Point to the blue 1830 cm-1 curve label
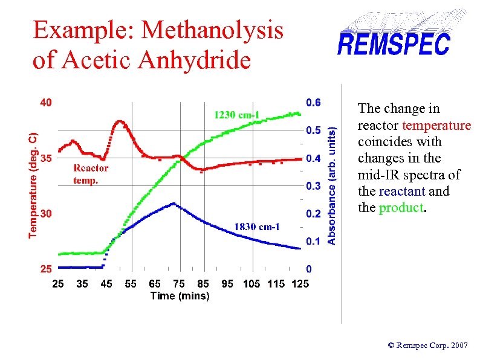[x=257, y=227]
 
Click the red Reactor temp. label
[x=91, y=175]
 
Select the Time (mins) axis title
[x=180, y=295]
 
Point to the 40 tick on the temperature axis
[x=46, y=103]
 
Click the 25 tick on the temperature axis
[x=46, y=269]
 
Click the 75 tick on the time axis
[x=179, y=283]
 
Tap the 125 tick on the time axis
[x=300, y=283]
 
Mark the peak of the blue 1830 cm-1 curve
[x=173, y=204]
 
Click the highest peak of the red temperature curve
[x=120, y=121]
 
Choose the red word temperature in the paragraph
[x=436, y=126]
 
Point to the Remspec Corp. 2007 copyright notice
[x=427, y=346]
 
